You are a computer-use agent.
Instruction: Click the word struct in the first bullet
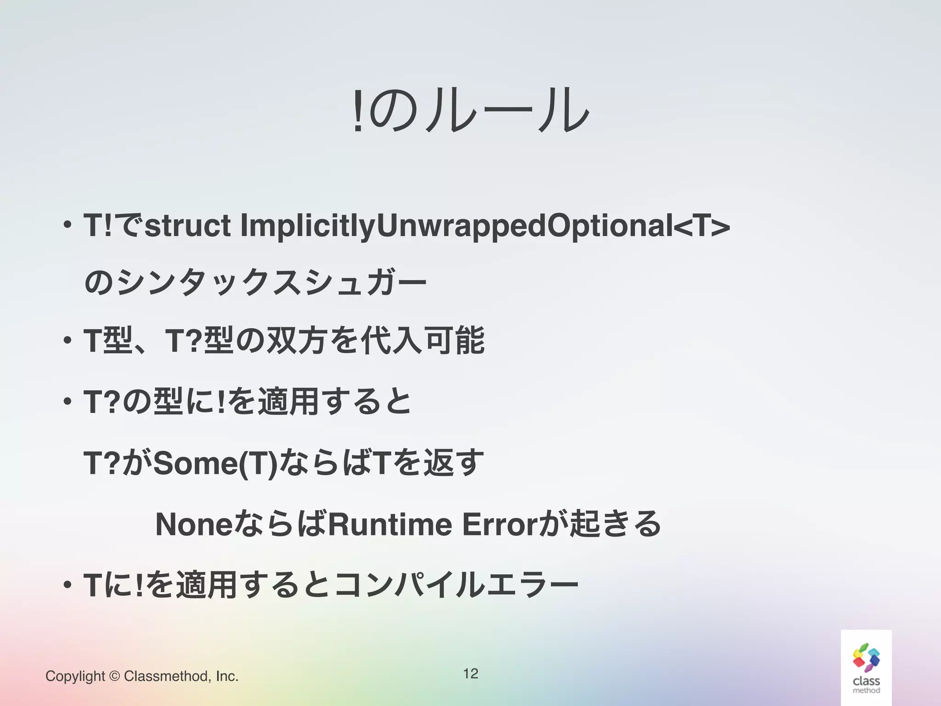point(187,226)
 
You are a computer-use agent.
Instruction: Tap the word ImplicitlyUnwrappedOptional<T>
point(485,226)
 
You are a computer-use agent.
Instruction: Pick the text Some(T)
point(215,463)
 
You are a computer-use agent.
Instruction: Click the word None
point(194,524)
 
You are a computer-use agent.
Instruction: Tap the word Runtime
point(390,524)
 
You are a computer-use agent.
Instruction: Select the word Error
point(499,524)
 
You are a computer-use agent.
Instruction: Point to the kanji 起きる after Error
point(615,524)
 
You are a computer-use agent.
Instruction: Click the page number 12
point(470,673)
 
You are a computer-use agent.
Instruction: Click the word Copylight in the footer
point(75,676)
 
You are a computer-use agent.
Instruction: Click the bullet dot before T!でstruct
point(68,226)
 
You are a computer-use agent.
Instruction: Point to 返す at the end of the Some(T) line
point(454,463)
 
